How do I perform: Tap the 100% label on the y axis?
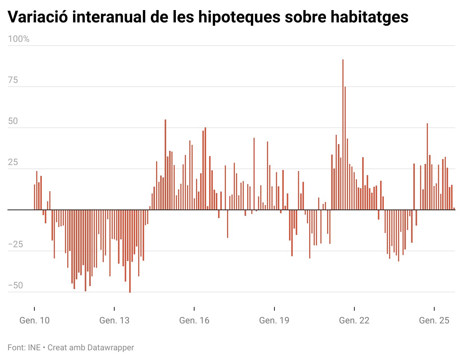tap(19, 39)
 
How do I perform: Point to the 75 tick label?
tap(13, 80)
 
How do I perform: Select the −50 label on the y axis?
tap(15, 285)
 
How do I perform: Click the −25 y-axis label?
tap(15, 244)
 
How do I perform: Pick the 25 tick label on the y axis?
tap(13, 162)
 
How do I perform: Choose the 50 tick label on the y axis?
tap(13, 121)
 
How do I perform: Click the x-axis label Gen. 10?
tap(34, 320)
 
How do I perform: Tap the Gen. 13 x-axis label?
tap(114, 320)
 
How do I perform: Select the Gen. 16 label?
tap(194, 320)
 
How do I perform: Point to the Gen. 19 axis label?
tap(274, 320)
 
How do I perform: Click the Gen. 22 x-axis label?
tap(354, 320)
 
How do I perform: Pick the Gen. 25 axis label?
tap(434, 320)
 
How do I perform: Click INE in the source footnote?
tap(34, 348)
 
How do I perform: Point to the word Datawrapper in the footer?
tap(111, 348)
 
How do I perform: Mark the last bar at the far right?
tap(454, 209)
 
